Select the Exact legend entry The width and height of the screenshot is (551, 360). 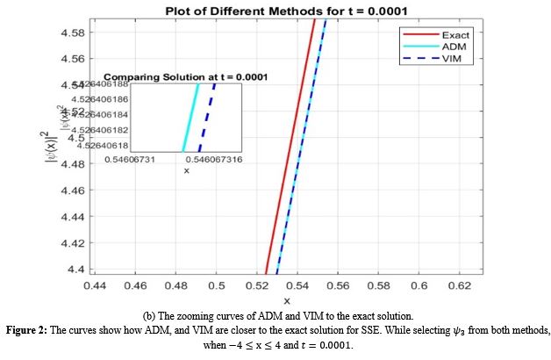[454, 34]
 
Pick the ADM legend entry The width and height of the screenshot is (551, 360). [453, 46]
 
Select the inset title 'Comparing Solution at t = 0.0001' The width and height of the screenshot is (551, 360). [186, 77]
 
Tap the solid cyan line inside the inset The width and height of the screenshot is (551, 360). [190, 117]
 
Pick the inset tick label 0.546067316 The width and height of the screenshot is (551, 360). [217, 160]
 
